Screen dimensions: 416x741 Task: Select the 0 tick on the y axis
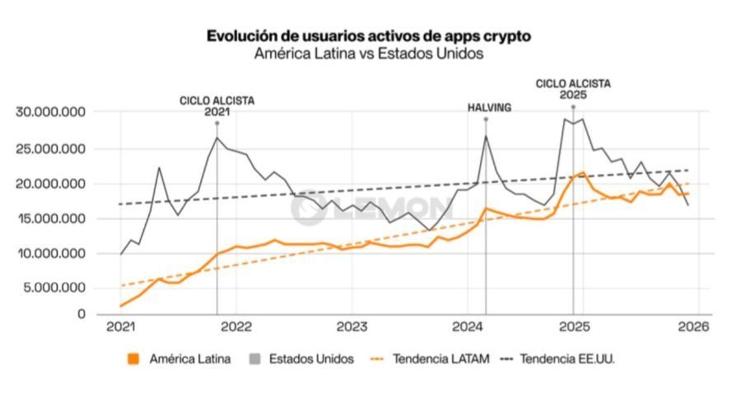pyautogui.click(x=82, y=314)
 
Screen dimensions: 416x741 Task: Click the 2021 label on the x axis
pyautogui.click(x=121, y=326)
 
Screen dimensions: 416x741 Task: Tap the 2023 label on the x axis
pyautogui.click(x=352, y=326)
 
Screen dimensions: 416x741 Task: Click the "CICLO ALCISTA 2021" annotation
pyautogui.click(x=217, y=106)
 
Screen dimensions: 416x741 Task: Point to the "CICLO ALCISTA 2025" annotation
pyautogui.click(x=573, y=89)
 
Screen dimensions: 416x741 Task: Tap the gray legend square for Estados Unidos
pyautogui.click(x=254, y=359)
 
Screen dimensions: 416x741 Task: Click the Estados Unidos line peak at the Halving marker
pyautogui.click(x=486, y=136)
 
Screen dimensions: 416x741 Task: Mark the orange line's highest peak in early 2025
pyautogui.click(x=582, y=173)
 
